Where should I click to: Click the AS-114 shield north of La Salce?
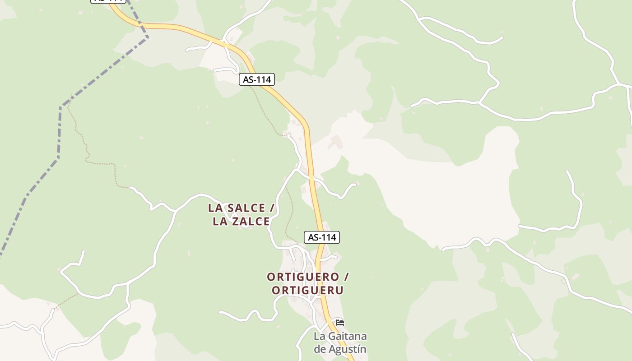256,80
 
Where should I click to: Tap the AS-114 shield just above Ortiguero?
322,237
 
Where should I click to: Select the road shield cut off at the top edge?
107,1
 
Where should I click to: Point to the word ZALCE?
250,222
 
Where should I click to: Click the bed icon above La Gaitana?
340,322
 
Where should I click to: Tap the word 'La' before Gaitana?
320,337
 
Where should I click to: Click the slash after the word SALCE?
272,208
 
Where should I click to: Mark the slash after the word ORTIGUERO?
346,277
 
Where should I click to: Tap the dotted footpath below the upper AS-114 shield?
266,113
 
